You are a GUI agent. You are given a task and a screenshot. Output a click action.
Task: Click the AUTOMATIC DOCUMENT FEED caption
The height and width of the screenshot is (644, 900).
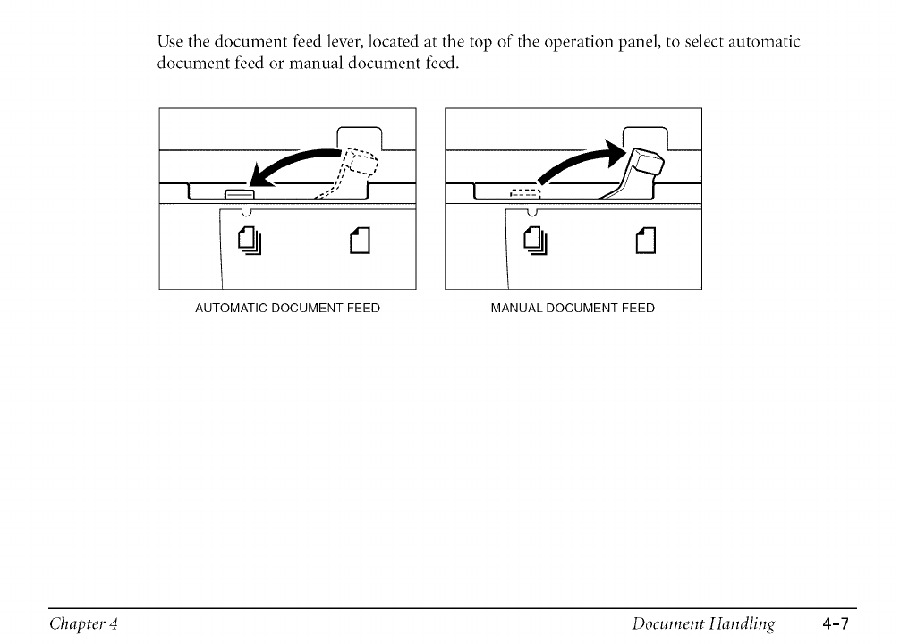(287, 309)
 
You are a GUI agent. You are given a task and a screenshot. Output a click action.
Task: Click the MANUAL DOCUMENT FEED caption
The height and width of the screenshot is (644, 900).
(573, 309)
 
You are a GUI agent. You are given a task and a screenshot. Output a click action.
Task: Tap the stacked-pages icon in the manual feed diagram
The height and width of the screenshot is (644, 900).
(534, 240)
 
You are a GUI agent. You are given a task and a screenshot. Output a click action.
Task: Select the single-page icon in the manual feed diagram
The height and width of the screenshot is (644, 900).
(644, 240)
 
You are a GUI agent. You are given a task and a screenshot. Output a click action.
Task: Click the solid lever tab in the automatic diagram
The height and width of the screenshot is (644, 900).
(239, 194)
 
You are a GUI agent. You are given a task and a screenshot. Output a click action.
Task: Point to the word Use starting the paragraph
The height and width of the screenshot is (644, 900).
(170, 42)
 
